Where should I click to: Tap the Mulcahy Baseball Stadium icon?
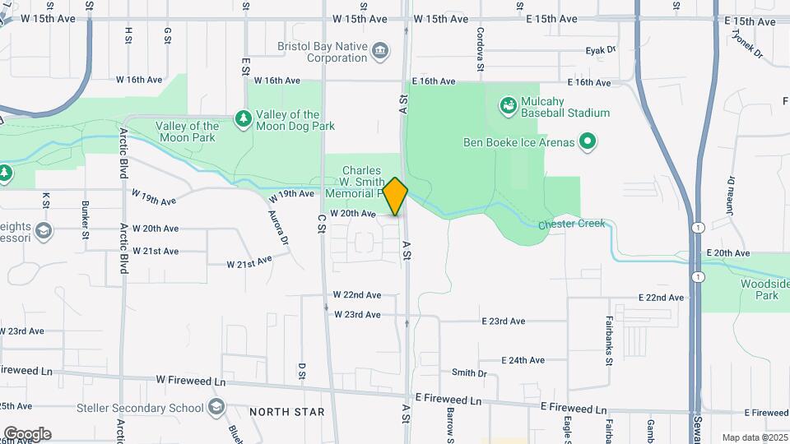[508, 104]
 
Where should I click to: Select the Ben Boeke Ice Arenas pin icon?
[587, 142]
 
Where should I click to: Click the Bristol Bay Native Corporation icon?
[379, 52]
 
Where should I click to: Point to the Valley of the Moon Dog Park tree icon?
[244, 120]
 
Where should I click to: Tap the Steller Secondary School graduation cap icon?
[216, 407]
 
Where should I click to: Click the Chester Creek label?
[571, 224]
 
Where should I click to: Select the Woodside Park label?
[772, 289]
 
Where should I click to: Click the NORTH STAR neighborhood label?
[287, 412]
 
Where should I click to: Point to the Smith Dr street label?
[469, 372]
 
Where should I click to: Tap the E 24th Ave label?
[523, 360]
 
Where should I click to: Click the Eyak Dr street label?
[601, 50]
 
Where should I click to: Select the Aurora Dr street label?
[278, 228]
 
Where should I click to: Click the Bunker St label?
[86, 220]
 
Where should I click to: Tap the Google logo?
[27, 433]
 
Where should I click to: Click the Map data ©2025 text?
[753, 437]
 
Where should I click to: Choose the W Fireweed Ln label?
[190, 382]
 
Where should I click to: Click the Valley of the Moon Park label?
[188, 132]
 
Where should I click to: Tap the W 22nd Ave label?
[357, 294]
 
